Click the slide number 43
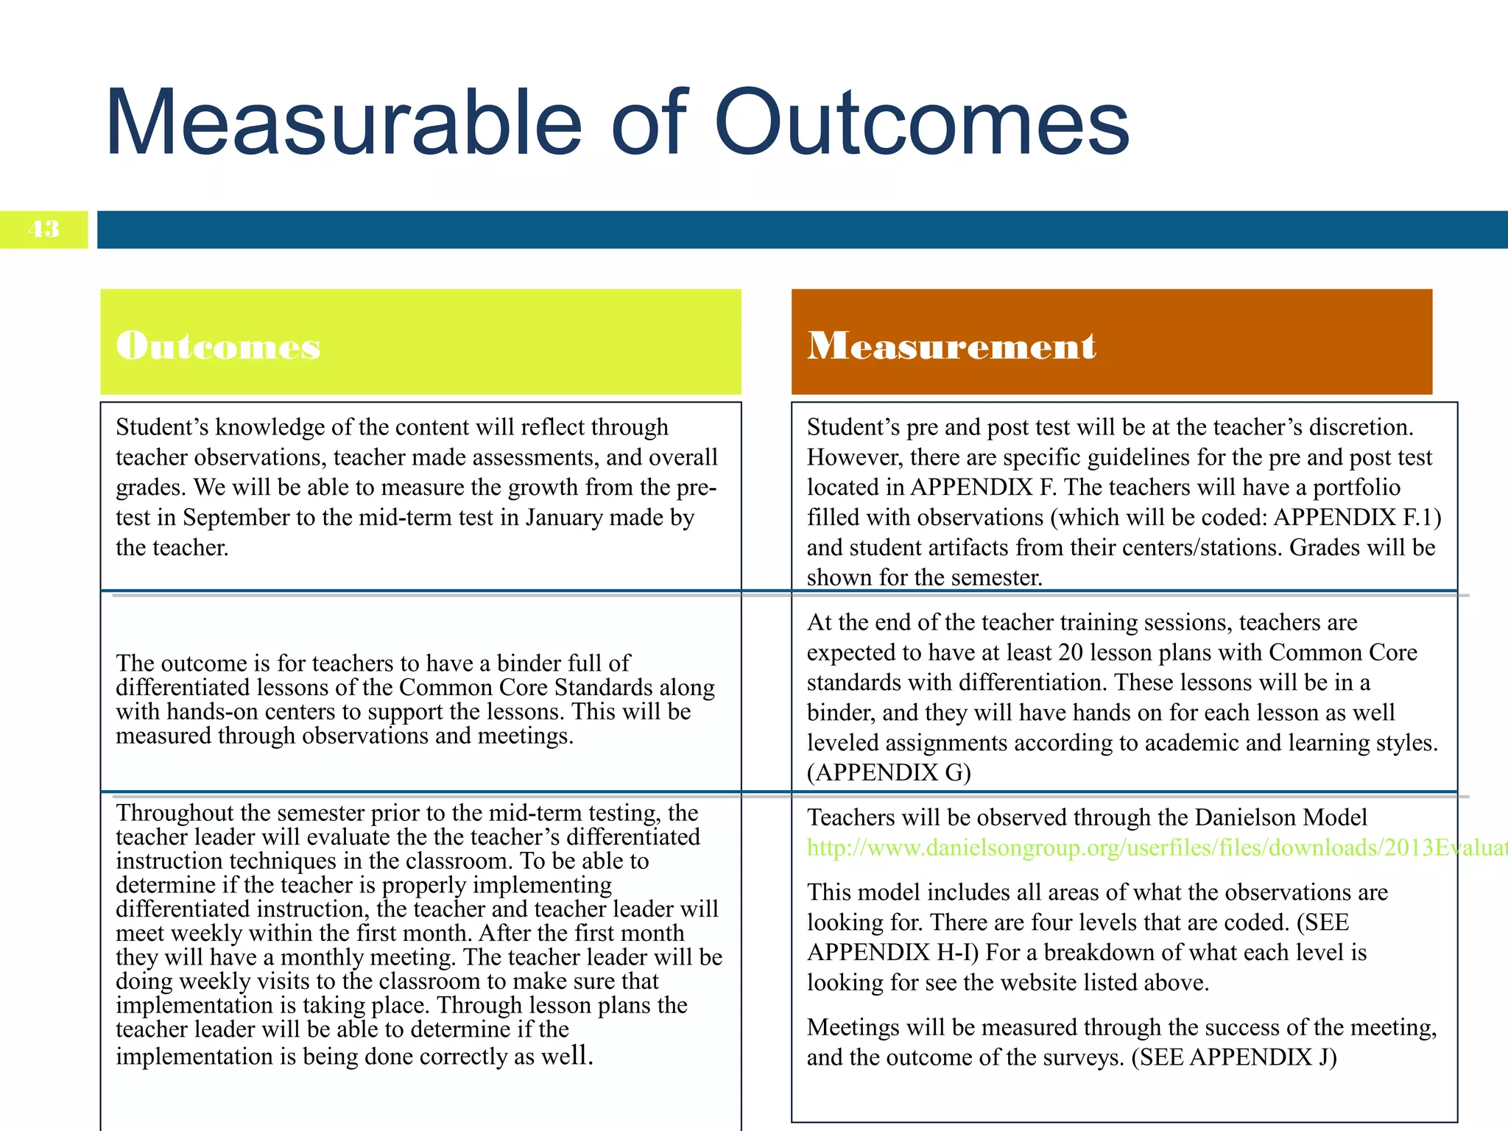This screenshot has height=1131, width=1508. tap(43, 229)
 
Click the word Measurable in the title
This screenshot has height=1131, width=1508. tap(343, 123)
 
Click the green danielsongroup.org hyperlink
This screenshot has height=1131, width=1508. tap(1156, 848)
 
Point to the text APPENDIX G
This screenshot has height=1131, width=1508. tap(889, 772)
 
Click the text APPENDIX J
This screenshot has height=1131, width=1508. tap(1263, 1057)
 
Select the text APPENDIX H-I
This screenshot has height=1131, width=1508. tap(892, 953)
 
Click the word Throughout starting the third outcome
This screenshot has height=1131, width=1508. tap(174, 813)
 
